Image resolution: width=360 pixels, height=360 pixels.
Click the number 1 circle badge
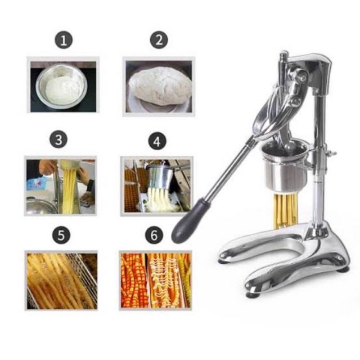coord(64,41)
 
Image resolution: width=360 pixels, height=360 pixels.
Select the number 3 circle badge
coord(58,140)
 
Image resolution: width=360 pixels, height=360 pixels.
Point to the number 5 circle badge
coord(61,234)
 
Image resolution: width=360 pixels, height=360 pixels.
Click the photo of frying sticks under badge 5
coord(61,280)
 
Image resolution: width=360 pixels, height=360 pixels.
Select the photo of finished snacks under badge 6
coord(156,280)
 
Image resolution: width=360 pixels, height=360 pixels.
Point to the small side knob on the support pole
coord(332,153)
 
